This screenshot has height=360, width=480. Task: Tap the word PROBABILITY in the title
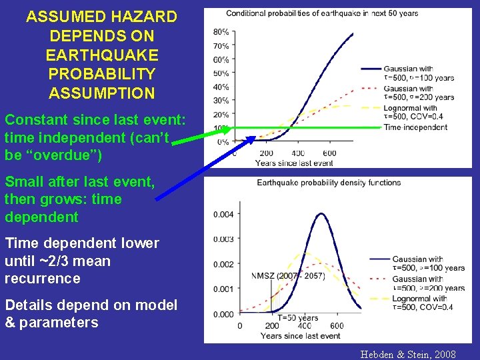point(102,74)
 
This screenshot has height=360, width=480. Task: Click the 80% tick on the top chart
point(221,32)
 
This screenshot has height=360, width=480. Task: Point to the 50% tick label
point(221,73)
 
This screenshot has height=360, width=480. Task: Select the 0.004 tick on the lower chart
point(224,214)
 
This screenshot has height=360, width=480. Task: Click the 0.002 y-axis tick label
point(224,264)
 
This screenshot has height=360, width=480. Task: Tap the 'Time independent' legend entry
point(415,127)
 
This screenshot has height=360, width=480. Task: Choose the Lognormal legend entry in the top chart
point(410,112)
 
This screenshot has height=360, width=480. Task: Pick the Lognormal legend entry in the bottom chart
point(419,303)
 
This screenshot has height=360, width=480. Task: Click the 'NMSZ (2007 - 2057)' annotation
point(288,277)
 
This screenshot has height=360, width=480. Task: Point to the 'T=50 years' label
point(298,317)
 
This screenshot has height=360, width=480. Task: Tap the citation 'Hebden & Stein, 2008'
point(408,354)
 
